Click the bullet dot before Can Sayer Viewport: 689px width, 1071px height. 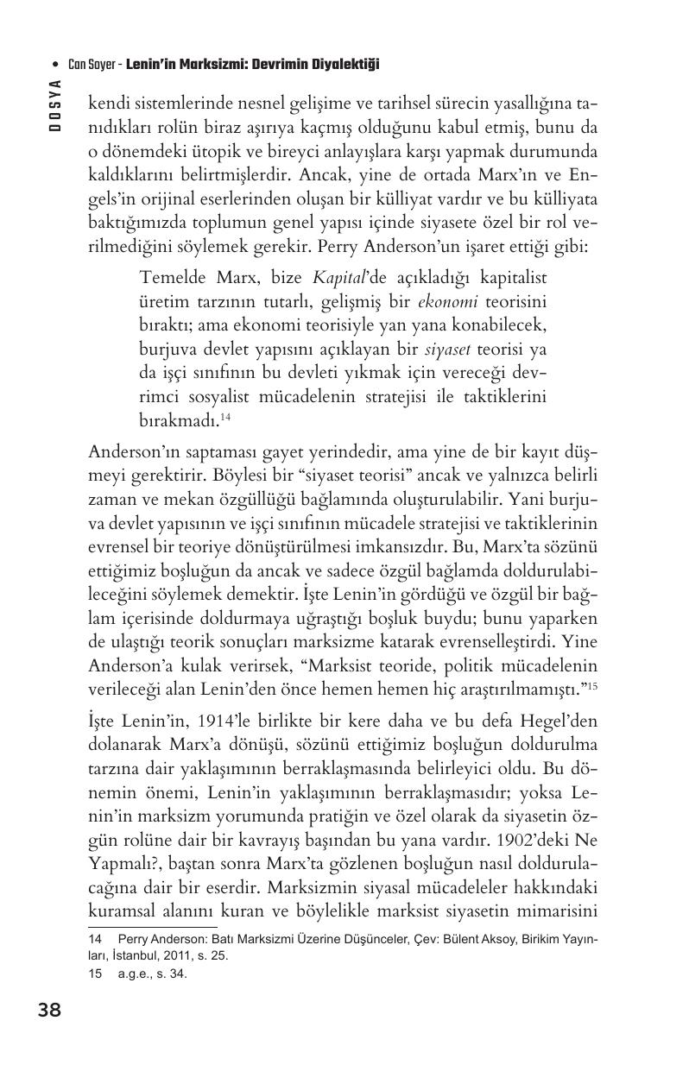[56, 65]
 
